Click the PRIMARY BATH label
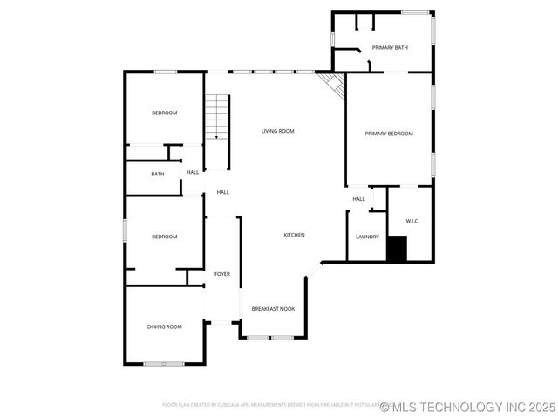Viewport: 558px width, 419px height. [x=389, y=47]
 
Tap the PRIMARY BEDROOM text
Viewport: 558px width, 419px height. [x=388, y=134]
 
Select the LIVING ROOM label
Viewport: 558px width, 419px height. [x=278, y=131]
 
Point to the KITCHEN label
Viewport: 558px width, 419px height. [x=294, y=236]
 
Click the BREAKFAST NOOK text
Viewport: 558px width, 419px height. [x=273, y=309]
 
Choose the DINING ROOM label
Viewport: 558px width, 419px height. [x=164, y=326]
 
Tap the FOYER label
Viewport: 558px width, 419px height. [x=222, y=274]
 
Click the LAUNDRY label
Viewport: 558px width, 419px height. [x=367, y=237]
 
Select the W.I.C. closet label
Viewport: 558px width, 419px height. [x=412, y=221]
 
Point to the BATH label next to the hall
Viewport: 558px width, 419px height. [x=158, y=174]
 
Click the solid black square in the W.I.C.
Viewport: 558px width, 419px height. [x=397, y=249]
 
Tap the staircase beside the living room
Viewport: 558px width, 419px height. [x=216, y=117]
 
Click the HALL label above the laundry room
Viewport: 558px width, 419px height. [x=358, y=199]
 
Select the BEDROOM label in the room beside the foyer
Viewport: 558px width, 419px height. [x=165, y=237]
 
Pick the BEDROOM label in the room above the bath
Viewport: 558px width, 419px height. [x=164, y=113]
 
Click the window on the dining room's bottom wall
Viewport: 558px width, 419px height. [x=163, y=363]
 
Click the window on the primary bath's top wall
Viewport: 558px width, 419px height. [x=415, y=12]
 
